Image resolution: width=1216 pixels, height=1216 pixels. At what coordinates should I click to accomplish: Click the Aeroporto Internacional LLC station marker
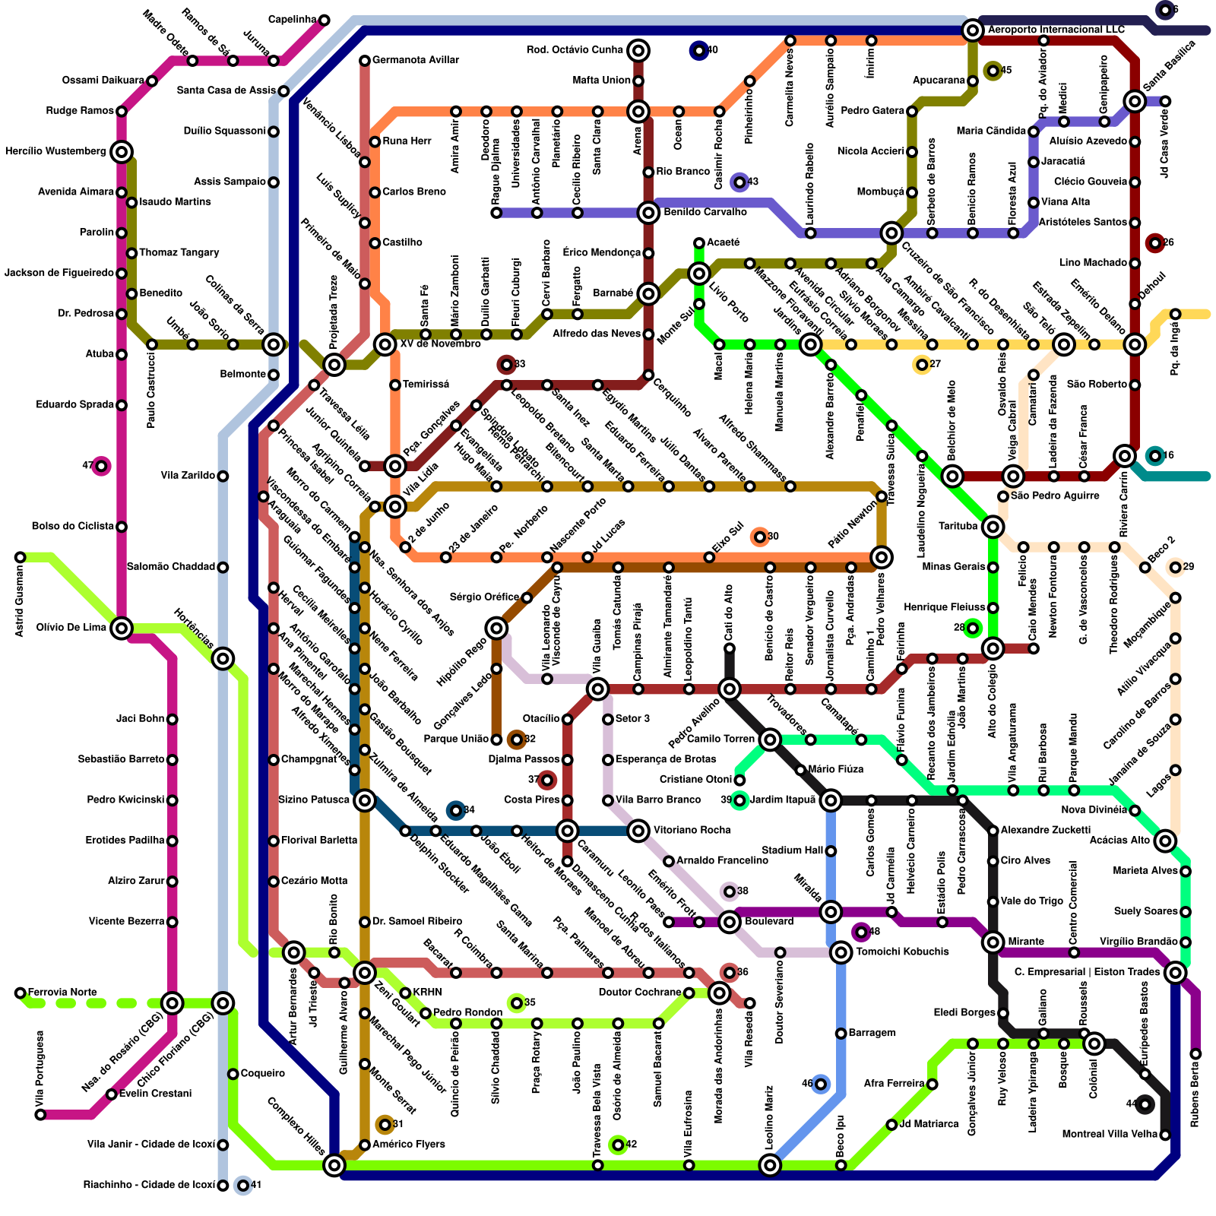(972, 30)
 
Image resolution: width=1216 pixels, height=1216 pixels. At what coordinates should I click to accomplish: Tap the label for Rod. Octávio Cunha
(575, 50)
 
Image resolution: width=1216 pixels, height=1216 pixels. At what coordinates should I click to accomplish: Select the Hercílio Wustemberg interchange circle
(122, 152)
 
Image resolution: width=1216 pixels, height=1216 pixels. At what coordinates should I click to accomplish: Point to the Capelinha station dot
(324, 20)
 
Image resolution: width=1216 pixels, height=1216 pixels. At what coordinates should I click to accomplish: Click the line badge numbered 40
(698, 51)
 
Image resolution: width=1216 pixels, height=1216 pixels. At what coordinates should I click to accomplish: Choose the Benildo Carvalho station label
(705, 213)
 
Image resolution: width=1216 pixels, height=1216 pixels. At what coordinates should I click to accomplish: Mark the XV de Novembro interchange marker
(385, 344)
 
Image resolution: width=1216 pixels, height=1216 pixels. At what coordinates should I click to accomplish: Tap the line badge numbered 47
(101, 466)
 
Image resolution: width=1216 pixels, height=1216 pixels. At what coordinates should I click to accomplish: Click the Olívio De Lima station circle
(122, 628)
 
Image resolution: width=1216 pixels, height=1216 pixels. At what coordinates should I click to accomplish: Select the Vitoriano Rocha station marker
(638, 831)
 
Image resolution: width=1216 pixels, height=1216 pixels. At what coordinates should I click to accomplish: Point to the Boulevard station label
(769, 922)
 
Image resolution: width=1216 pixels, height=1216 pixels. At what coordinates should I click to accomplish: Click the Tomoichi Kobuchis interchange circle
(841, 952)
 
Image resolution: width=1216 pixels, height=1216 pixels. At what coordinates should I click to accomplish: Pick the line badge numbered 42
(618, 1145)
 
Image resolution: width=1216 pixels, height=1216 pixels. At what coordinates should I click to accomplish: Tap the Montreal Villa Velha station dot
(1165, 1135)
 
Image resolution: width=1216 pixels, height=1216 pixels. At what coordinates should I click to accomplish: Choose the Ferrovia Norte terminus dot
(21, 993)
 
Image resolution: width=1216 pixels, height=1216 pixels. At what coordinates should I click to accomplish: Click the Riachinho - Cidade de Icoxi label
(149, 1186)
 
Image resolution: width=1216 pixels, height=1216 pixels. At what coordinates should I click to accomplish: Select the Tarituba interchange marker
(993, 527)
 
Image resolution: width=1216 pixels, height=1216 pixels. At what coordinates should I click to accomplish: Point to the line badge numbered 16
(1155, 456)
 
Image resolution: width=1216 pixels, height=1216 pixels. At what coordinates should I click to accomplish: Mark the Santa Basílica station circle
(1135, 101)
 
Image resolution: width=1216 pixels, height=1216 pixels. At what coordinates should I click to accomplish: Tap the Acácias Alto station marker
(1165, 841)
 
